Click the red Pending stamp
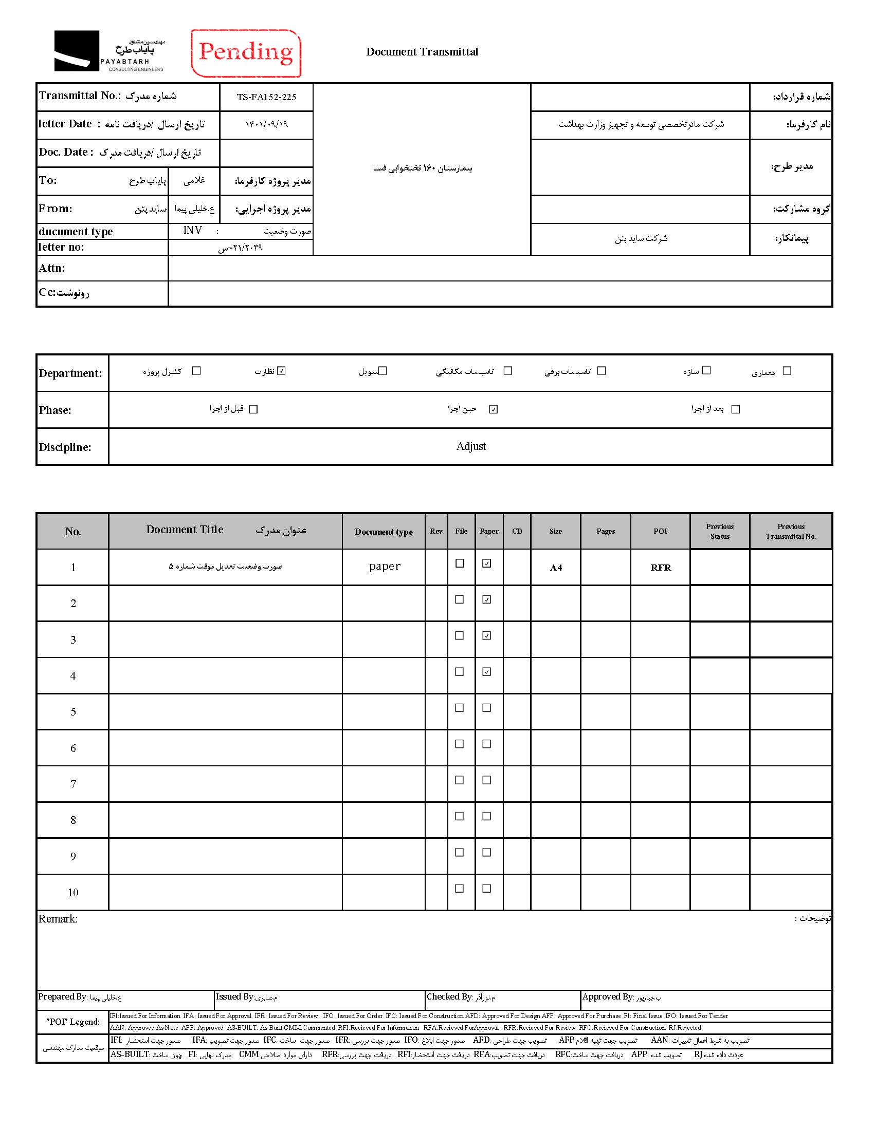[x=246, y=53]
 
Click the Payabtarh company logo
[x=109, y=51]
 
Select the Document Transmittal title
[x=422, y=52]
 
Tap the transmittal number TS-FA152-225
[x=266, y=97]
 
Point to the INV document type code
[x=193, y=230]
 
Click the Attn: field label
[x=52, y=268]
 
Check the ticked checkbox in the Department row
[x=281, y=371]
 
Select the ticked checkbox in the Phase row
[x=494, y=409]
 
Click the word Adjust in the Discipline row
[x=470, y=446]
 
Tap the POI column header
[x=660, y=532]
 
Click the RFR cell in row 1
[x=661, y=568]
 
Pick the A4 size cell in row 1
[x=556, y=568]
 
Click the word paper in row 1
[x=385, y=566]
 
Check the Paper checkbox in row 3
[x=487, y=636]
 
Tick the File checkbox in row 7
[x=459, y=780]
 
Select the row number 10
[x=73, y=893]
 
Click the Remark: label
[x=58, y=919]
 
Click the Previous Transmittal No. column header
[x=791, y=532]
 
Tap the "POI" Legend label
[x=73, y=1022]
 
